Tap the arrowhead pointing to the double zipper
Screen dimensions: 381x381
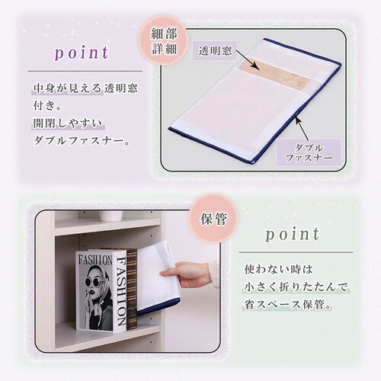click(x=295, y=118)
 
